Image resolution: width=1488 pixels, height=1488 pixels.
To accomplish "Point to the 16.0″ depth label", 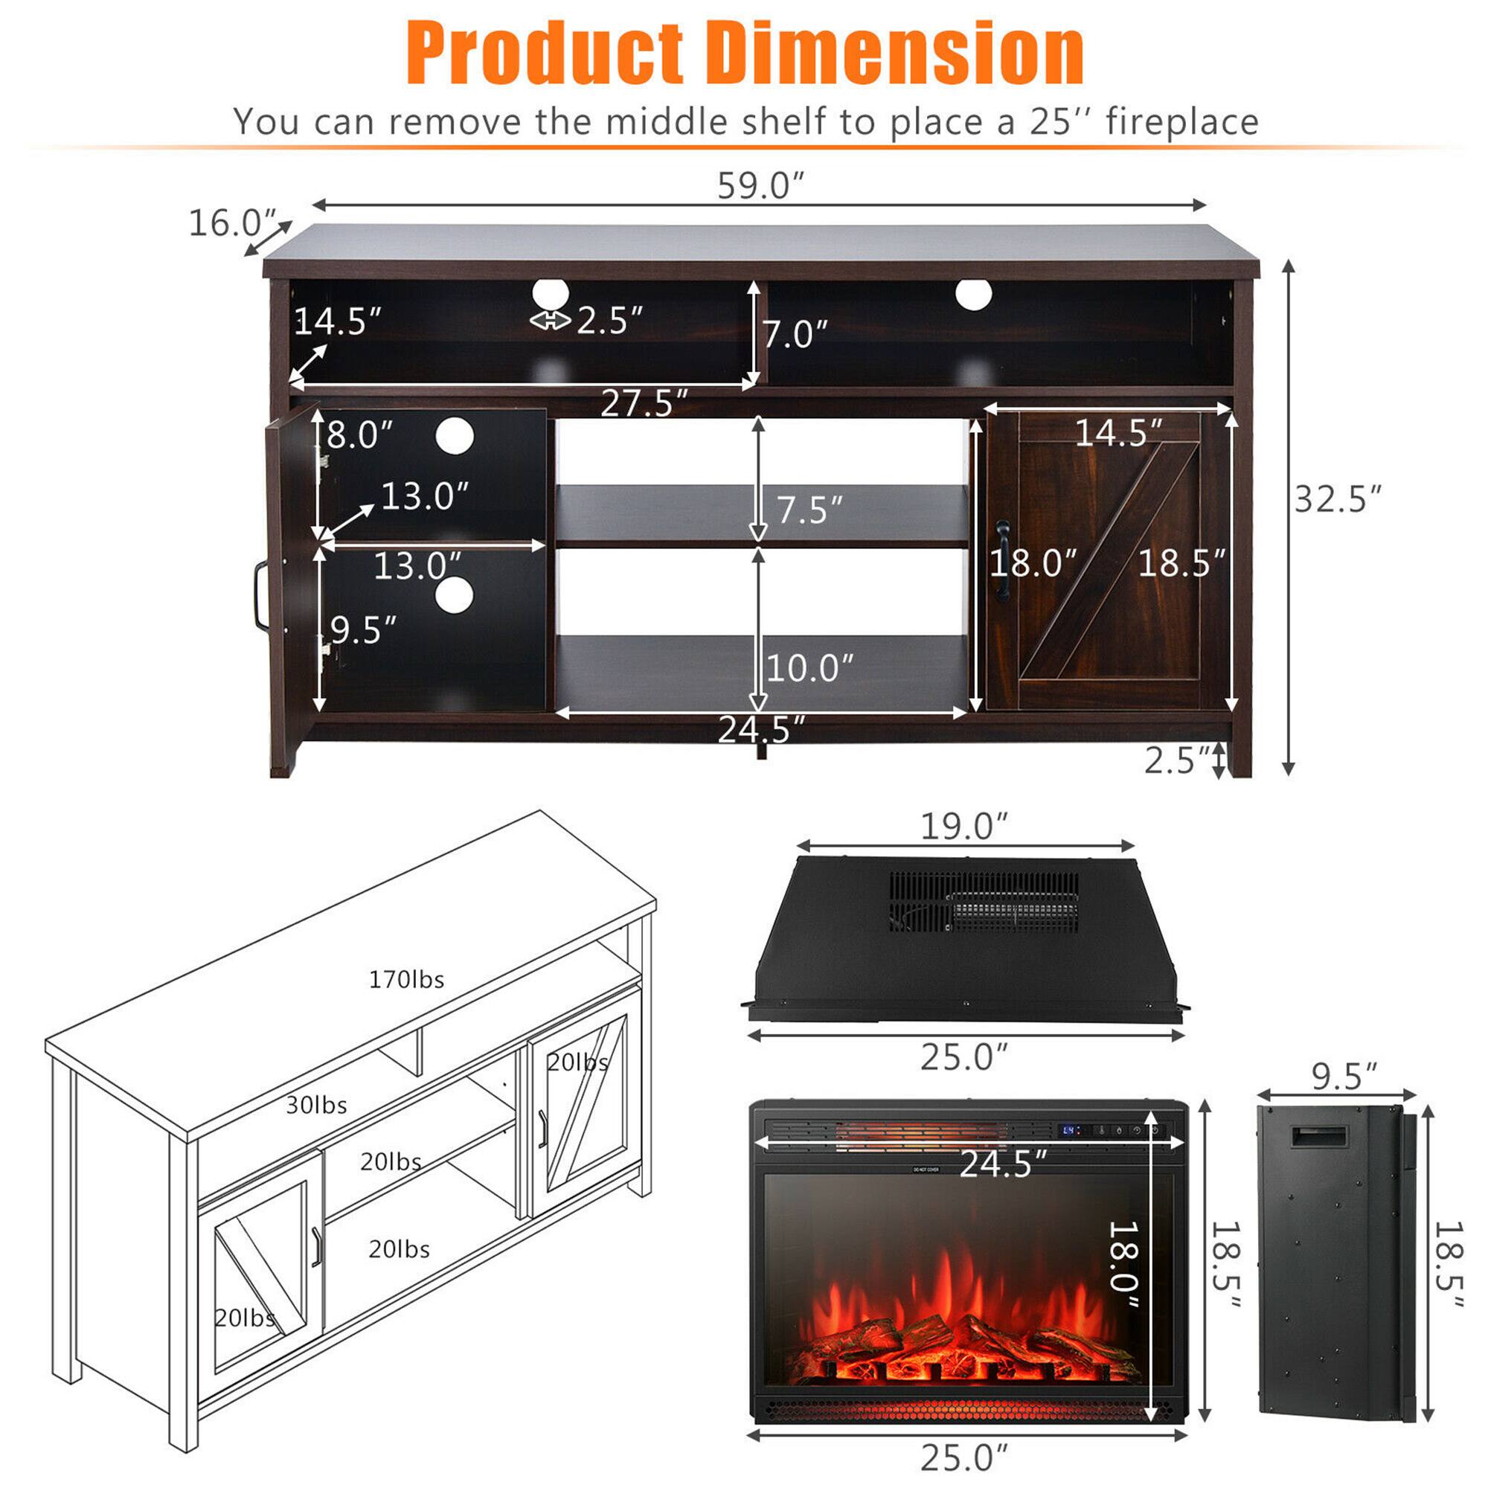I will (232, 223).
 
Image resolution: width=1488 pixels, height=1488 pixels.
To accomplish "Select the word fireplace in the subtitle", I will (1181, 122).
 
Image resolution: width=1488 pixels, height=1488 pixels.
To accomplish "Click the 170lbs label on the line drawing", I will (406, 980).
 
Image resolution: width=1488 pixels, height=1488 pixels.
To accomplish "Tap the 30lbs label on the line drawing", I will (315, 1106).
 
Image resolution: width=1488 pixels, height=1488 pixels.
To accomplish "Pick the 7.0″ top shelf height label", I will (795, 334).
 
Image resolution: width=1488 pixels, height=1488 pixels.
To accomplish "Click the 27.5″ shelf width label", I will (644, 403).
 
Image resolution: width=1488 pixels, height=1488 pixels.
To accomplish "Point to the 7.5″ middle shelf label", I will (809, 510).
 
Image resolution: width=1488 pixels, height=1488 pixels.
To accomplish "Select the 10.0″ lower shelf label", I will (809, 668).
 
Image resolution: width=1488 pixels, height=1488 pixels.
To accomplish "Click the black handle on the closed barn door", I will (1003, 561).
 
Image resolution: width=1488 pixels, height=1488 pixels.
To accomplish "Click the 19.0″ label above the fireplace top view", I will (963, 827).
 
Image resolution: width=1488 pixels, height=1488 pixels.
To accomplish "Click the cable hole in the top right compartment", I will (973, 295).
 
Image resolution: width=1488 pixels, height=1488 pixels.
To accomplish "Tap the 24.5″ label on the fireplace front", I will (1003, 1164).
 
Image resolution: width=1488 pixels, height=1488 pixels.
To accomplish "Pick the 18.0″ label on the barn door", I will (1033, 563).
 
